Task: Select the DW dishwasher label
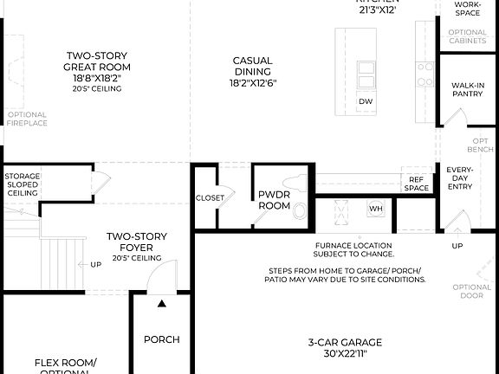[366, 101]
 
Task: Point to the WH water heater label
[375, 209]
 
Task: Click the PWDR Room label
[275, 200]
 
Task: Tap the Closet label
[210, 197]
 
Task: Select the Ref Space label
[417, 184]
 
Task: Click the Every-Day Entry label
[459, 177]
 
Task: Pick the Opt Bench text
[481, 145]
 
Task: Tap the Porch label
[161, 339]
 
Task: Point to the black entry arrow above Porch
[161, 303]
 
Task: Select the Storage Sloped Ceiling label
[23, 184]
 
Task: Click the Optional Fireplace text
[27, 119]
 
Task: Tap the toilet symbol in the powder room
[300, 210]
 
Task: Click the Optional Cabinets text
[468, 37]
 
